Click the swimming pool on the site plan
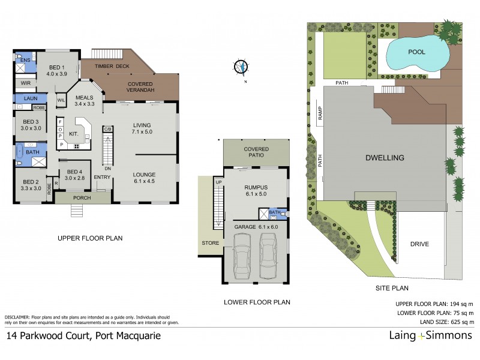pos(416,55)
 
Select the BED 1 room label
pos(57,70)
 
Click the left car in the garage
pos(243,255)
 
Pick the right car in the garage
pos(268,255)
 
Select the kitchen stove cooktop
pos(77,146)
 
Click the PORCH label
pos(82,197)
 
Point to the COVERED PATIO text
pos(256,152)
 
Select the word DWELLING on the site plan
pos(385,158)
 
